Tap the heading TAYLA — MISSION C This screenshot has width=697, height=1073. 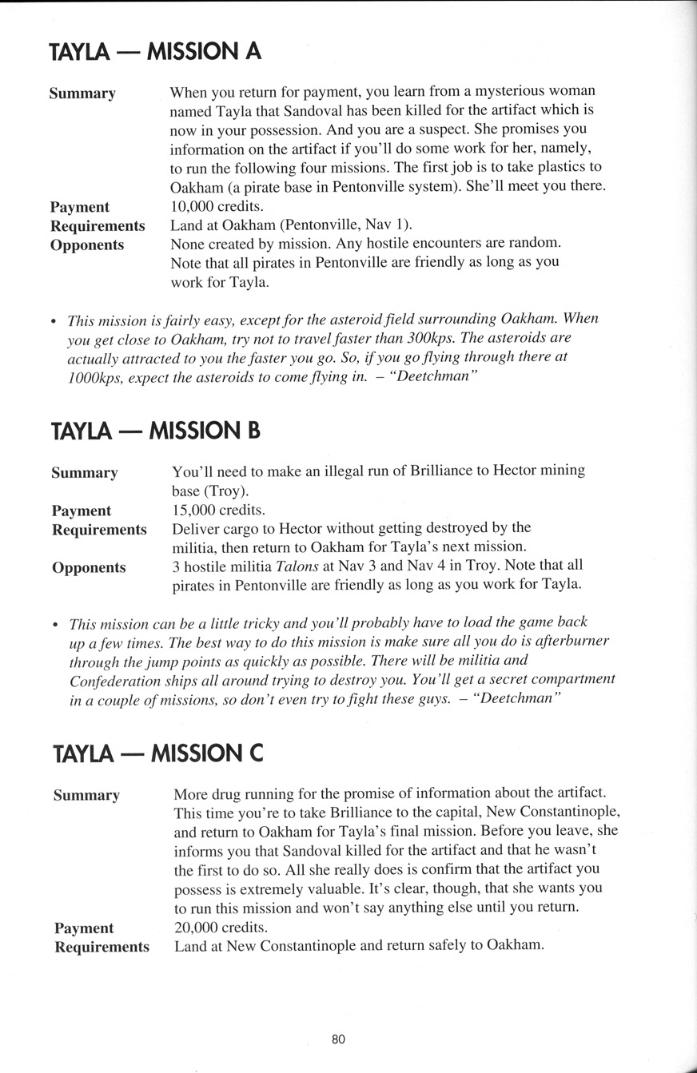pos(157,753)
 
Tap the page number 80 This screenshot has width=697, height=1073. pos(338,1039)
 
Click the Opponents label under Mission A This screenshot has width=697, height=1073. pos(87,244)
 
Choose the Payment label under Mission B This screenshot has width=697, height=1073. pos(82,511)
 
